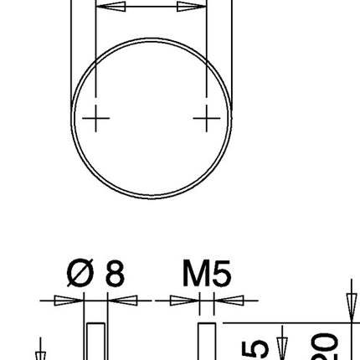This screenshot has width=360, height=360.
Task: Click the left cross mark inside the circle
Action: (x=97, y=119)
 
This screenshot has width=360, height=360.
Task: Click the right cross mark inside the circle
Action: (x=206, y=119)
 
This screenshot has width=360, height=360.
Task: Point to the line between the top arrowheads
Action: (x=152, y=8)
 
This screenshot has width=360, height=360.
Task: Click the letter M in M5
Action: (x=194, y=274)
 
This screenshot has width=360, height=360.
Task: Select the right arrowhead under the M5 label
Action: (x=229, y=301)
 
